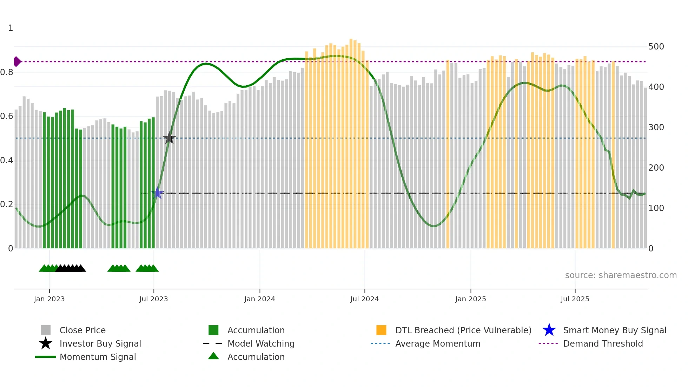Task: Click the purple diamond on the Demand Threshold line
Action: click(x=17, y=61)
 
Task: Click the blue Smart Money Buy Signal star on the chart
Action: click(x=157, y=193)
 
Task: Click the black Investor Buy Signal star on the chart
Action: click(x=169, y=138)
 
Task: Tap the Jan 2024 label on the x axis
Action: click(x=259, y=299)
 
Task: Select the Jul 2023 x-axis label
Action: click(x=153, y=299)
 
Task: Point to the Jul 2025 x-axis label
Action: click(x=575, y=299)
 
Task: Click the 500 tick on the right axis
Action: click(x=656, y=47)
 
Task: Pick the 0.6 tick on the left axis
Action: click(x=7, y=116)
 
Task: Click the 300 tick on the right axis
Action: click(x=656, y=127)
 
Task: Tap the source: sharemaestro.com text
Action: click(x=621, y=275)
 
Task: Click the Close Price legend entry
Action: click(x=82, y=330)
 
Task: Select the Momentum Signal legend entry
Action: click(x=98, y=357)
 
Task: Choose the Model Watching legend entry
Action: click(x=261, y=343)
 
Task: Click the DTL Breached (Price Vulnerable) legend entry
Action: click(x=463, y=330)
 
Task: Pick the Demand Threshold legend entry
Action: click(x=603, y=343)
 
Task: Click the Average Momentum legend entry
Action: click(x=438, y=343)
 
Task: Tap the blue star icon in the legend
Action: click(x=549, y=330)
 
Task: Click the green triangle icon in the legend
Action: click(x=213, y=356)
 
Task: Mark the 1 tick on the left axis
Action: click(x=11, y=28)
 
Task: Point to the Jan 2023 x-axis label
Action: click(x=49, y=299)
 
